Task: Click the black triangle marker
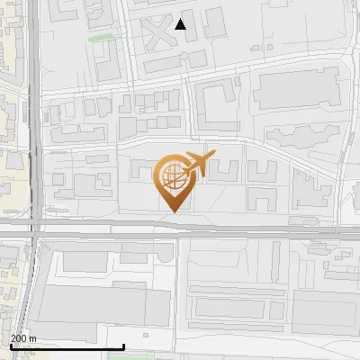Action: [x=181, y=24]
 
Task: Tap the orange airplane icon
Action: [x=197, y=164]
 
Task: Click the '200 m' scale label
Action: [x=23, y=339]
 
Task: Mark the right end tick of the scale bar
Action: [x=123, y=346]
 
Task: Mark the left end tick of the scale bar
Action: [x=10, y=346]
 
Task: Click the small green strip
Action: [x=106, y=38]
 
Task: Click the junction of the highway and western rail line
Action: [x=33, y=230]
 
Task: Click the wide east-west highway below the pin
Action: [x=225, y=230]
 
